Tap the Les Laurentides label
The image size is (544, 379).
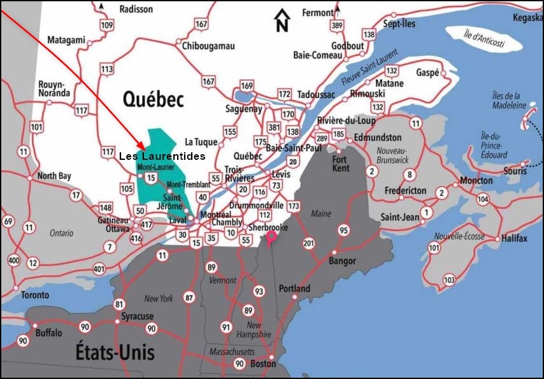pyautogui.click(x=162, y=155)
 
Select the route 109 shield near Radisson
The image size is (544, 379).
pyautogui.click(x=107, y=25)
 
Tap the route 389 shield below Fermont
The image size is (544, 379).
pyautogui.click(x=337, y=26)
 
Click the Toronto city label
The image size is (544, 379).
pyautogui.click(x=34, y=295)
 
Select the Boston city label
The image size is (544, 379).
pyautogui.click(x=263, y=364)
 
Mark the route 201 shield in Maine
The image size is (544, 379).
pyautogui.click(x=309, y=243)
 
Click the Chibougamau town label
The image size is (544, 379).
pyautogui.click(x=208, y=46)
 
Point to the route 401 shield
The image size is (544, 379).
pyautogui.click(x=99, y=269)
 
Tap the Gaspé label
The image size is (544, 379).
pyautogui.click(x=428, y=73)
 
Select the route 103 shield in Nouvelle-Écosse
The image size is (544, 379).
pyautogui.click(x=449, y=280)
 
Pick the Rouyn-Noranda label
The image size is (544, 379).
pyautogui.click(x=54, y=89)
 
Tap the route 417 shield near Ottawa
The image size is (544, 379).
pyautogui.click(x=147, y=224)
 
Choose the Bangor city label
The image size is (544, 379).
pyautogui.click(x=342, y=261)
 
